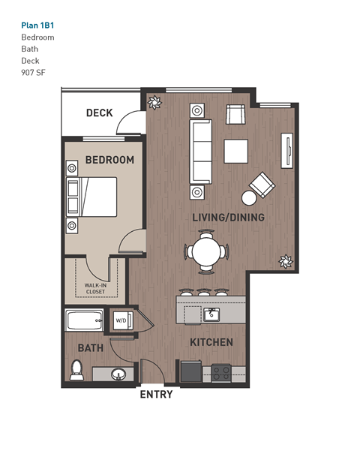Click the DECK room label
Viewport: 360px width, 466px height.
tap(99, 113)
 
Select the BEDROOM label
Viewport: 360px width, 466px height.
tap(109, 160)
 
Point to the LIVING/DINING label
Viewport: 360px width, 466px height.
tap(228, 218)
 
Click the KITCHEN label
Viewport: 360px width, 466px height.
tap(211, 342)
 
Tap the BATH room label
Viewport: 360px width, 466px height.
tap(90, 348)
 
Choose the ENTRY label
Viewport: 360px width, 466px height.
tap(156, 394)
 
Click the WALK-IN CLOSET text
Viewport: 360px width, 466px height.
tap(94, 288)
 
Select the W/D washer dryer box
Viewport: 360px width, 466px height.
tap(121, 320)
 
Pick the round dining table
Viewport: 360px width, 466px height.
tap(206, 250)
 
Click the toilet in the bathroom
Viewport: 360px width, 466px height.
tap(76, 369)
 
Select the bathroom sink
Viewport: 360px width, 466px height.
tap(117, 374)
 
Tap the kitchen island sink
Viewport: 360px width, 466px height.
tap(212, 313)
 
